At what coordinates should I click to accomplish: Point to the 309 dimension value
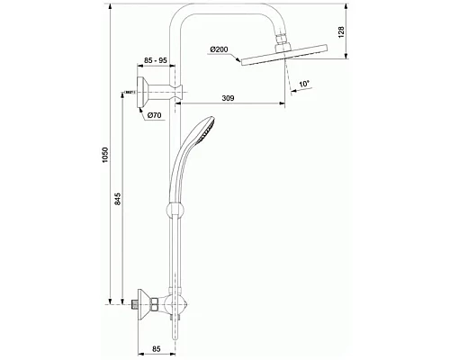pos(238,99)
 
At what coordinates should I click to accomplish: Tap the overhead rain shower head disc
pos(283,57)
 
